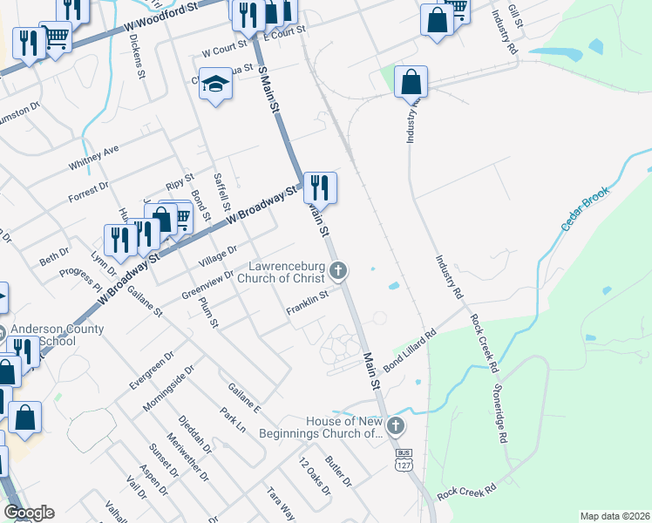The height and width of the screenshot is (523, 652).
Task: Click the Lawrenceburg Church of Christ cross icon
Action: (339, 271)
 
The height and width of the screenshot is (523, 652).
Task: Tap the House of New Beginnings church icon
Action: (396, 426)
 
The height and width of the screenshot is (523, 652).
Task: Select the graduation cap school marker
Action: (214, 85)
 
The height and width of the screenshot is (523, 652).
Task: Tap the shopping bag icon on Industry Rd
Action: (411, 83)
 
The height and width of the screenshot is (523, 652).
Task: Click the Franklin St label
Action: (307, 302)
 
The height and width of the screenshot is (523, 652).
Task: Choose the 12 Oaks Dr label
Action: (315, 477)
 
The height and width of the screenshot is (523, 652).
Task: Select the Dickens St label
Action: (136, 57)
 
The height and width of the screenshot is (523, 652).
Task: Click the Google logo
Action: (29, 513)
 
